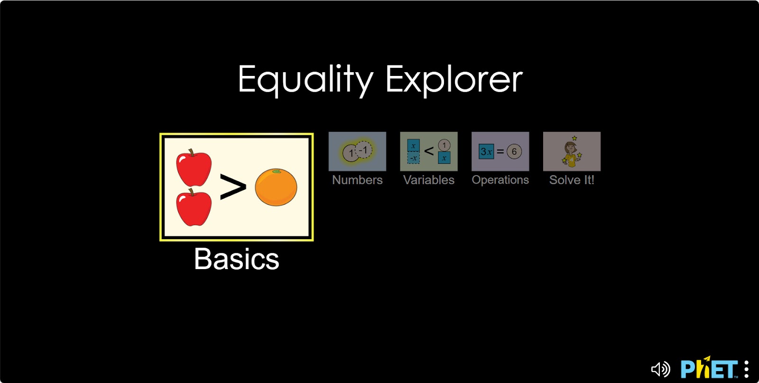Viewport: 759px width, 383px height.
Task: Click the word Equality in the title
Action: pos(306,81)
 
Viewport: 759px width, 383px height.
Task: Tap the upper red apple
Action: pos(194,168)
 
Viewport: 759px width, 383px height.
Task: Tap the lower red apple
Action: pos(194,207)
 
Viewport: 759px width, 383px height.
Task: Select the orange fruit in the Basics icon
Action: pos(276,187)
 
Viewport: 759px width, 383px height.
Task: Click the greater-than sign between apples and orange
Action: pos(233,187)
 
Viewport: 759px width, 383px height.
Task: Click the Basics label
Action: pos(237,259)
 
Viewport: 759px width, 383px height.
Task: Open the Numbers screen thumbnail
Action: pos(357,151)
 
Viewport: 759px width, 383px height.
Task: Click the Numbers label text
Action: pos(357,180)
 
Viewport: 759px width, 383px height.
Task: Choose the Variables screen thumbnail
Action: pos(429,151)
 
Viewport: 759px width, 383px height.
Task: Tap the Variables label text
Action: pos(429,180)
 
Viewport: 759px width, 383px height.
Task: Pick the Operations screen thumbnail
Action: pos(500,151)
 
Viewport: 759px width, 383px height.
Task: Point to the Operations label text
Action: pos(500,180)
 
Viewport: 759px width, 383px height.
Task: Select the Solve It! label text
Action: pos(572,180)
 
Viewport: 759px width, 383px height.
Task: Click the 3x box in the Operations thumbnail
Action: pos(486,151)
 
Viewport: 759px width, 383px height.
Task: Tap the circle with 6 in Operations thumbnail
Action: pos(514,151)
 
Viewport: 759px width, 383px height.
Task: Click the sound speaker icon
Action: pos(660,369)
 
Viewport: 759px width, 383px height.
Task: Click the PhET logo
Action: pos(709,367)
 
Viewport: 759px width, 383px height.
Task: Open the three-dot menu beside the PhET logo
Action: pos(747,369)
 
